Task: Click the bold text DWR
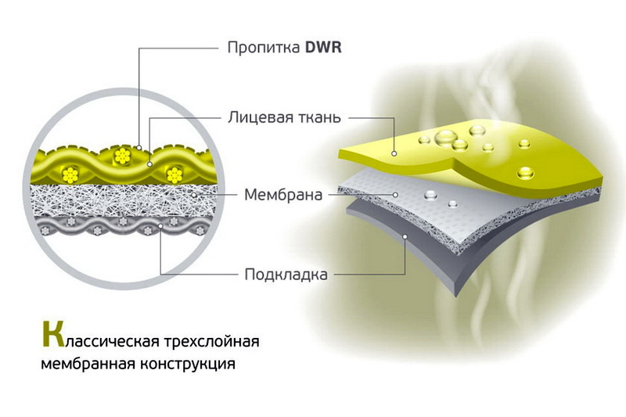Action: point(323,48)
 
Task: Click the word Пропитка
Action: point(264,48)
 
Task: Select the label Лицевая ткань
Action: point(285,117)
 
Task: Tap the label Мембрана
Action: point(283,195)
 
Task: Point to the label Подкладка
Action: point(286,275)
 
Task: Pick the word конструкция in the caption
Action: point(188,365)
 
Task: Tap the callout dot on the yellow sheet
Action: point(394,153)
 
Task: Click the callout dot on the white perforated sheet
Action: point(395,195)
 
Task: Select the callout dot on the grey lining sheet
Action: point(405,236)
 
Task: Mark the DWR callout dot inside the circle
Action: point(139,147)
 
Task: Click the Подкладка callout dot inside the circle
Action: point(160,226)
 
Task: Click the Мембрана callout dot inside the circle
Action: point(193,195)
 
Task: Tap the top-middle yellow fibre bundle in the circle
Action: point(122,155)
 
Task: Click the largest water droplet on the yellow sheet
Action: point(444,138)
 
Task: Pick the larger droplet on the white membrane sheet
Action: point(431,195)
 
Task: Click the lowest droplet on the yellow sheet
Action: point(525,173)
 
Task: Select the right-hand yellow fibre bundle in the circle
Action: point(174,175)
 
